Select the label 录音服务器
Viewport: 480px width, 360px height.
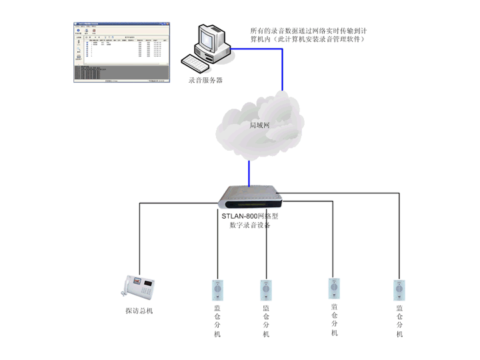[206, 80]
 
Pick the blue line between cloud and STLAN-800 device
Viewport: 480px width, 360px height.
[249, 171]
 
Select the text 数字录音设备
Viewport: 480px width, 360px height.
[250, 225]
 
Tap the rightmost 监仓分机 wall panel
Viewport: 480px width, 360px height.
[399, 290]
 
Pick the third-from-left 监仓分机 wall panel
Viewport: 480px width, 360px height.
[334, 288]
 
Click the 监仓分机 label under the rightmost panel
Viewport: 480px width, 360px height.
[399, 321]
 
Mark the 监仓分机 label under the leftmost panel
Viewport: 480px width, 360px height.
[217, 321]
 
